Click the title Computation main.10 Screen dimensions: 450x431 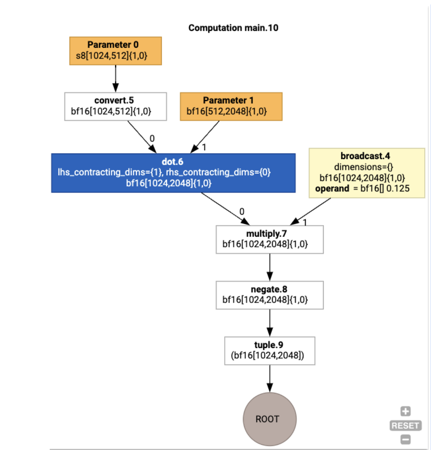tap(233, 28)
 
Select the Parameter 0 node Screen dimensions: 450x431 tap(115, 50)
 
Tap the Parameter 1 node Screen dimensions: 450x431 tap(231, 106)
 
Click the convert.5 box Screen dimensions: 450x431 tap(115, 106)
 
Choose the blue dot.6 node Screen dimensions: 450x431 tap(173, 173)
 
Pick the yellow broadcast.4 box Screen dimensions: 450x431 tap(367, 173)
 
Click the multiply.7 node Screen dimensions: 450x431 tap(270, 239)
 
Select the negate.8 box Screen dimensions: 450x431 tap(270, 295)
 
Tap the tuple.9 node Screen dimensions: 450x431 tap(270, 351)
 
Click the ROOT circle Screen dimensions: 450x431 tap(270, 419)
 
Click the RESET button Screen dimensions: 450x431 tap(405, 425)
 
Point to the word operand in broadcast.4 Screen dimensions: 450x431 tap(332, 188)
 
